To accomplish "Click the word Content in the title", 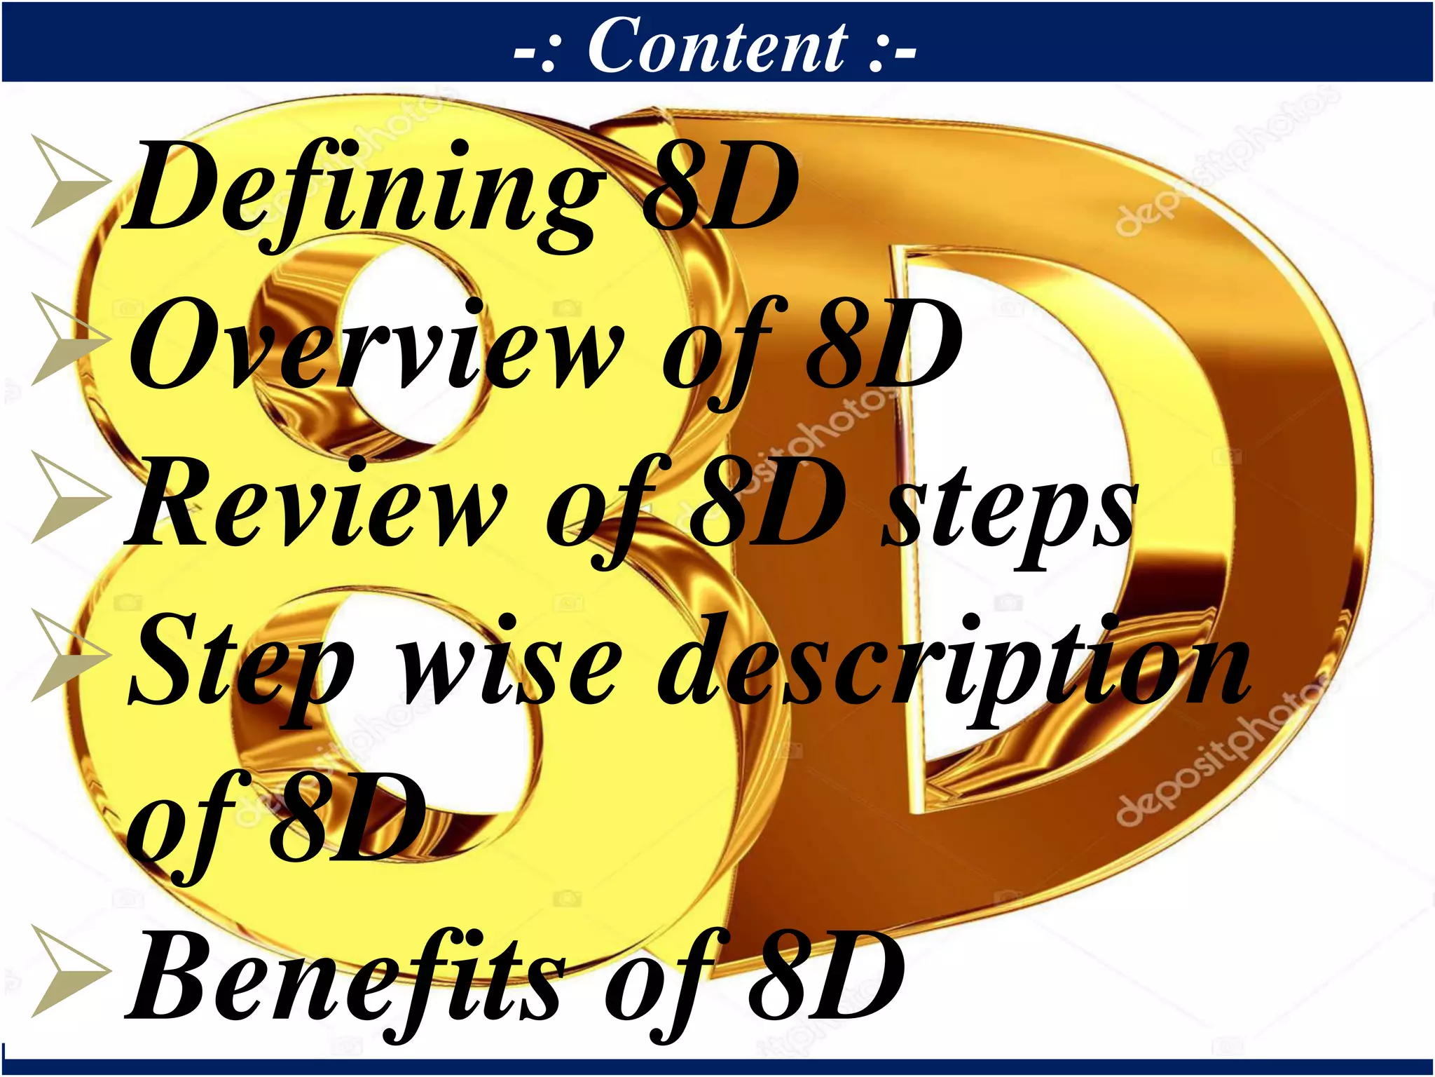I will (717, 46).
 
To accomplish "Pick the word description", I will (953, 663).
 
